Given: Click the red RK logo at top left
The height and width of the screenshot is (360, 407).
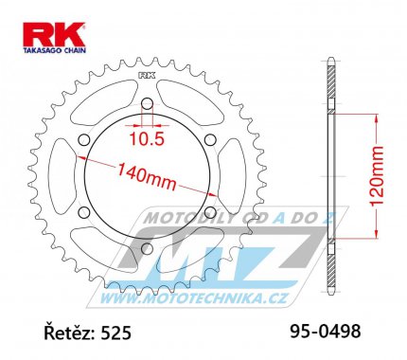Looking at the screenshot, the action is click(x=54, y=34).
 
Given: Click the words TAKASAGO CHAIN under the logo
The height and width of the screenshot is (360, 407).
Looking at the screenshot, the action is click(x=54, y=50).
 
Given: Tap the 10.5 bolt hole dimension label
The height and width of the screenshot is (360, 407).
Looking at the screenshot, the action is click(x=147, y=138).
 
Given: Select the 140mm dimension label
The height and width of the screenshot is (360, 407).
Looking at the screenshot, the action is click(x=147, y=177).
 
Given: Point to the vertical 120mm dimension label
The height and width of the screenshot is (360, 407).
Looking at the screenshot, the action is click(x=377, y=175).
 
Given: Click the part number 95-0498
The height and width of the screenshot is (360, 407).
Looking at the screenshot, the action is click(x=325, y=332).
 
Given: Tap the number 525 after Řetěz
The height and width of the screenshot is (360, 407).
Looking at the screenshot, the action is click(x=115, y=333).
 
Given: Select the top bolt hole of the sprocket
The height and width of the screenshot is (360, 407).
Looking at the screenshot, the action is click(x=147, y=103).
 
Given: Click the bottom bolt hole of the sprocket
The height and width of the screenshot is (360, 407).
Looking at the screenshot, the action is click(x=147, y=249).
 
